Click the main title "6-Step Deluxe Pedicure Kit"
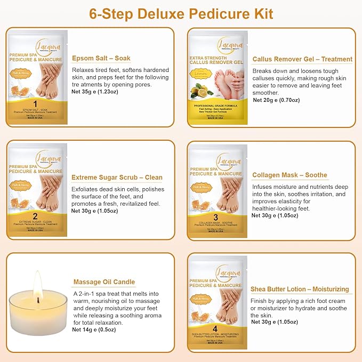pyautogui.click(x=181, y=13)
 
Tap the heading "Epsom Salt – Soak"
pyautogui.click(x=101, y=58)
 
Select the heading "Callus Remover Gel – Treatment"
pyautogui.click(x=302, y=59)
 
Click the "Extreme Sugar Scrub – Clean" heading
pyautogui.click(x=117, y=178)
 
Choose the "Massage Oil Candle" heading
pyautogui.click(x=103, y=282)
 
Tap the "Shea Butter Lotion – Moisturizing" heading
pyautogui.click(x=300, y=289)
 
